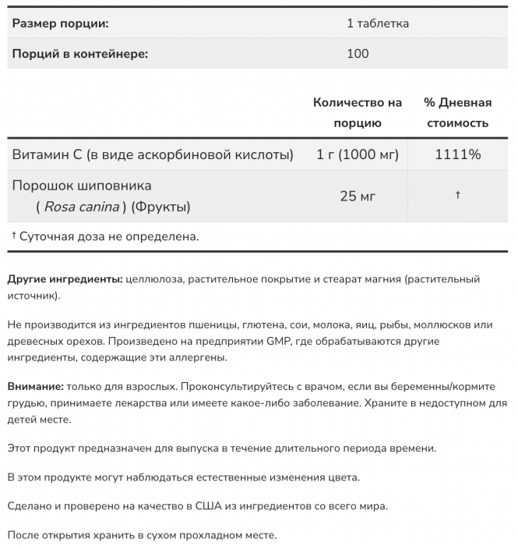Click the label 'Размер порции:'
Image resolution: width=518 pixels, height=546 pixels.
coord(60,23)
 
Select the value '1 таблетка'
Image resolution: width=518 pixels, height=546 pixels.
coord(378,23)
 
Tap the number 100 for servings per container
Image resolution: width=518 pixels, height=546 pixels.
coord(358,54)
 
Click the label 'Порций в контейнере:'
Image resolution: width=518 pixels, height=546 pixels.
coord(80,54)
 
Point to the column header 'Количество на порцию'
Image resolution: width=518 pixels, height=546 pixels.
coord(358,112)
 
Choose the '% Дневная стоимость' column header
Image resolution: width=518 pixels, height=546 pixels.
coord(457,112)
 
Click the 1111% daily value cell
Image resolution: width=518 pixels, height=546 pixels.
coord(457,154)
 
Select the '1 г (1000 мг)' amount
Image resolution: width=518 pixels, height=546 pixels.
coord(358,154)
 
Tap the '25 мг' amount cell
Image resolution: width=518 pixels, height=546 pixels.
coord(358,196)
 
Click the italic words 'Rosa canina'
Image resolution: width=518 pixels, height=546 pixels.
coord(82,207)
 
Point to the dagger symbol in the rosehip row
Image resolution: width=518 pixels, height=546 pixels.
coord(457,195)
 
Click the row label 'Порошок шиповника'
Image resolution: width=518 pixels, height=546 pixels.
coord(83,186)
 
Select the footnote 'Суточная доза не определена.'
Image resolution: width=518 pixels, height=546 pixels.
coord(109,236)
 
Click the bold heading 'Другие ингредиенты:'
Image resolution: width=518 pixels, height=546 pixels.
coord(65,279)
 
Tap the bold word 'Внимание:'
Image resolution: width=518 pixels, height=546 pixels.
coord(35,386)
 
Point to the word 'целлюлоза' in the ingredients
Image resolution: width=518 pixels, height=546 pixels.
coord(152,279)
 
